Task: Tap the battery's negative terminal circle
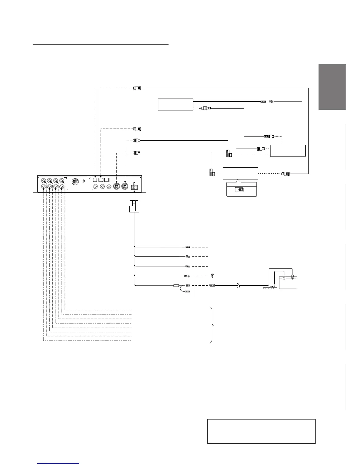[x=284, y=278]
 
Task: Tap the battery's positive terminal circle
[x=292, y=278]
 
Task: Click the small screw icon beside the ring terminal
[x=213, y=276]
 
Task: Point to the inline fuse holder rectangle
[x=177, y=285]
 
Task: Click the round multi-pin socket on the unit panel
[x=75, y=182]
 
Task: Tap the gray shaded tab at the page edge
[x=332, y=87]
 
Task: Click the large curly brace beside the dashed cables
[x=213, y=325]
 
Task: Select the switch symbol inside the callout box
[x=239, y=189]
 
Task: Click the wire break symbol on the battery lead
[x=239, y=285]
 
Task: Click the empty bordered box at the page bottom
[x=261, y=431]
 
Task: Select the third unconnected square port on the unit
[x=107, y=179]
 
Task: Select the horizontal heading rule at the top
[x=100, y=45]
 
